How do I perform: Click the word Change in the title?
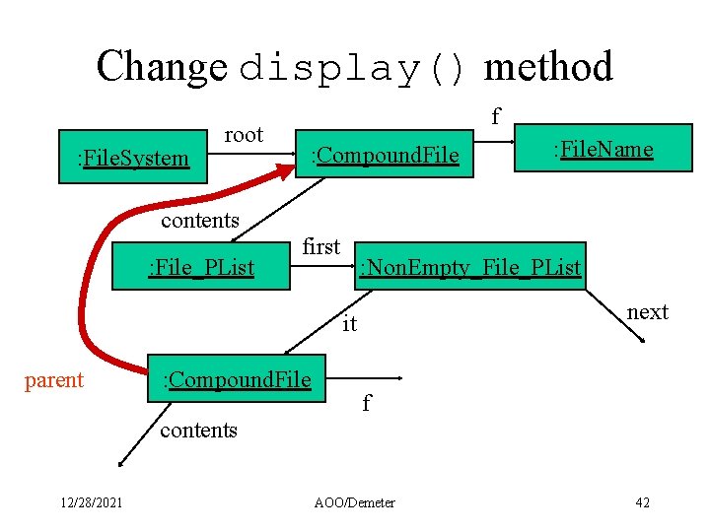click(162, 67)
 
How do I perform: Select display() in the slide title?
click(356, 69)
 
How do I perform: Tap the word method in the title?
click(548, 67)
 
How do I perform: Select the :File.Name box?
click(602, 149)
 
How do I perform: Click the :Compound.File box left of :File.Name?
click(385, 156)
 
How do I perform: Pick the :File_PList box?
click(200, 267)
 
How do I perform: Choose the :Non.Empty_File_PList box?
click(469, 267)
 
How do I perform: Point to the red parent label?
click(53, 380)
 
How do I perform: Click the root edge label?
click(244, 135)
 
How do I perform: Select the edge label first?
click(320, 246)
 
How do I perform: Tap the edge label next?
click(647, 312)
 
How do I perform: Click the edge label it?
click(350, 324)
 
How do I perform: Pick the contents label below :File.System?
click(199, 220)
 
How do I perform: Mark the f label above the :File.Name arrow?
click(495, 117)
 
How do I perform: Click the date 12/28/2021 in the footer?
click(90, 502)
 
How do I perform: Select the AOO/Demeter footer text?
click(354, 502)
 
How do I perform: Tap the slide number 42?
click(642, 502)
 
